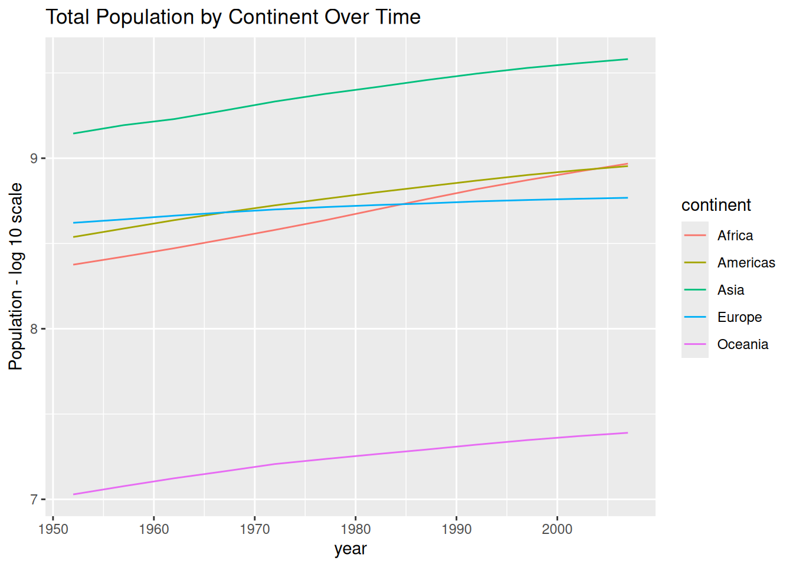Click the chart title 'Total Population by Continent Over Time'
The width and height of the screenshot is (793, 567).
(x=233, y=17)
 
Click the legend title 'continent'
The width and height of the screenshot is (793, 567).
(x=716, y=205)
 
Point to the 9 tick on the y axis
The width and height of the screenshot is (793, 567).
(x=34, y=158)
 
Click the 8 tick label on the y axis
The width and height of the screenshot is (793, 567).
(x=34, y=329)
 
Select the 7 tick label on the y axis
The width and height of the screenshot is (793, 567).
(x=34, y=500)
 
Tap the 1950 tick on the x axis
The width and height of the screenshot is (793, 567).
(x=53, y=529)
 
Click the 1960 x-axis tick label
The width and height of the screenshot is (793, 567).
(x=154, y=529)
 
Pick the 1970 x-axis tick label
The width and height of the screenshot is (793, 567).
(x=255, y=529)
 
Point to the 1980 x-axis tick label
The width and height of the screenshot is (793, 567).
(x=356, y=529)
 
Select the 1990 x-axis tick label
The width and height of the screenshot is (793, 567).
(x=457, y=529)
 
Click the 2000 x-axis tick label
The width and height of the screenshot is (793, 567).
(x=557, y=529)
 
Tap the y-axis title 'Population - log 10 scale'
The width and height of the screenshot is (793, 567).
(x=15, y=277)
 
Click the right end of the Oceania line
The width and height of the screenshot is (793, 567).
(x=628, y=433)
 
